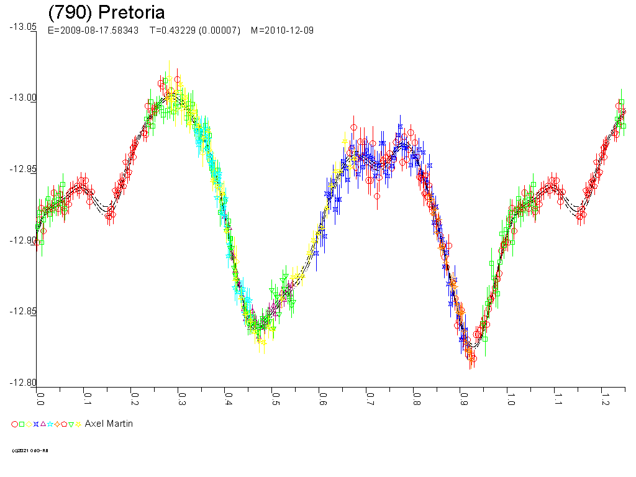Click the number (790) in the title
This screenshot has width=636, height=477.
(x=71, y=13)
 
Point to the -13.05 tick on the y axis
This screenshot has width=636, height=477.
(x=22, y=27)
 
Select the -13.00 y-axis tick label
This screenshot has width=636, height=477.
(x=22, y=98)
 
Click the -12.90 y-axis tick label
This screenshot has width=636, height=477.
(x=22, y=240)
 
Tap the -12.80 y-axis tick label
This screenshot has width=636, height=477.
(x=22, y=383)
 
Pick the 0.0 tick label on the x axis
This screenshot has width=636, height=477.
(x=40, y=397)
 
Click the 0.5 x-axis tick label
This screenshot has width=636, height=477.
(x=275, y=397)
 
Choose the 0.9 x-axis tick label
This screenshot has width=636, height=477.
(x=463, y=397)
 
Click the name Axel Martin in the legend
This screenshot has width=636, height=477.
(x=109, y=424)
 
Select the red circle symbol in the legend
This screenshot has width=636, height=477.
(x=14, y=424)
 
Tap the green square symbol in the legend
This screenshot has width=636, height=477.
(x=22, y=424)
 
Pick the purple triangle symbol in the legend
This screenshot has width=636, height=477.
(x=43, y=424)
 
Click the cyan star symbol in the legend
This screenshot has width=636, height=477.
(x=50, y=424)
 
